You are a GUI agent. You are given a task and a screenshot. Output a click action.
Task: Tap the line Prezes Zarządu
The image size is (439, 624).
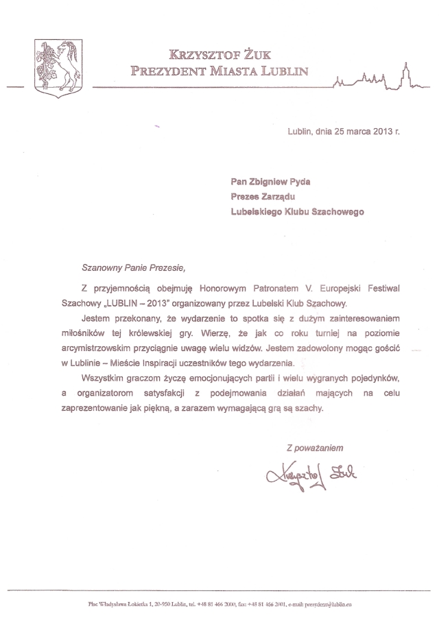click(x=261, y=197)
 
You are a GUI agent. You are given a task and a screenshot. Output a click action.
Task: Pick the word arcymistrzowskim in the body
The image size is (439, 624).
click(x=116, y=348)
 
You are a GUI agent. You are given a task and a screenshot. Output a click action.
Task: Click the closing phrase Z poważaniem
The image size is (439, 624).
click(x=314, y=446)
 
